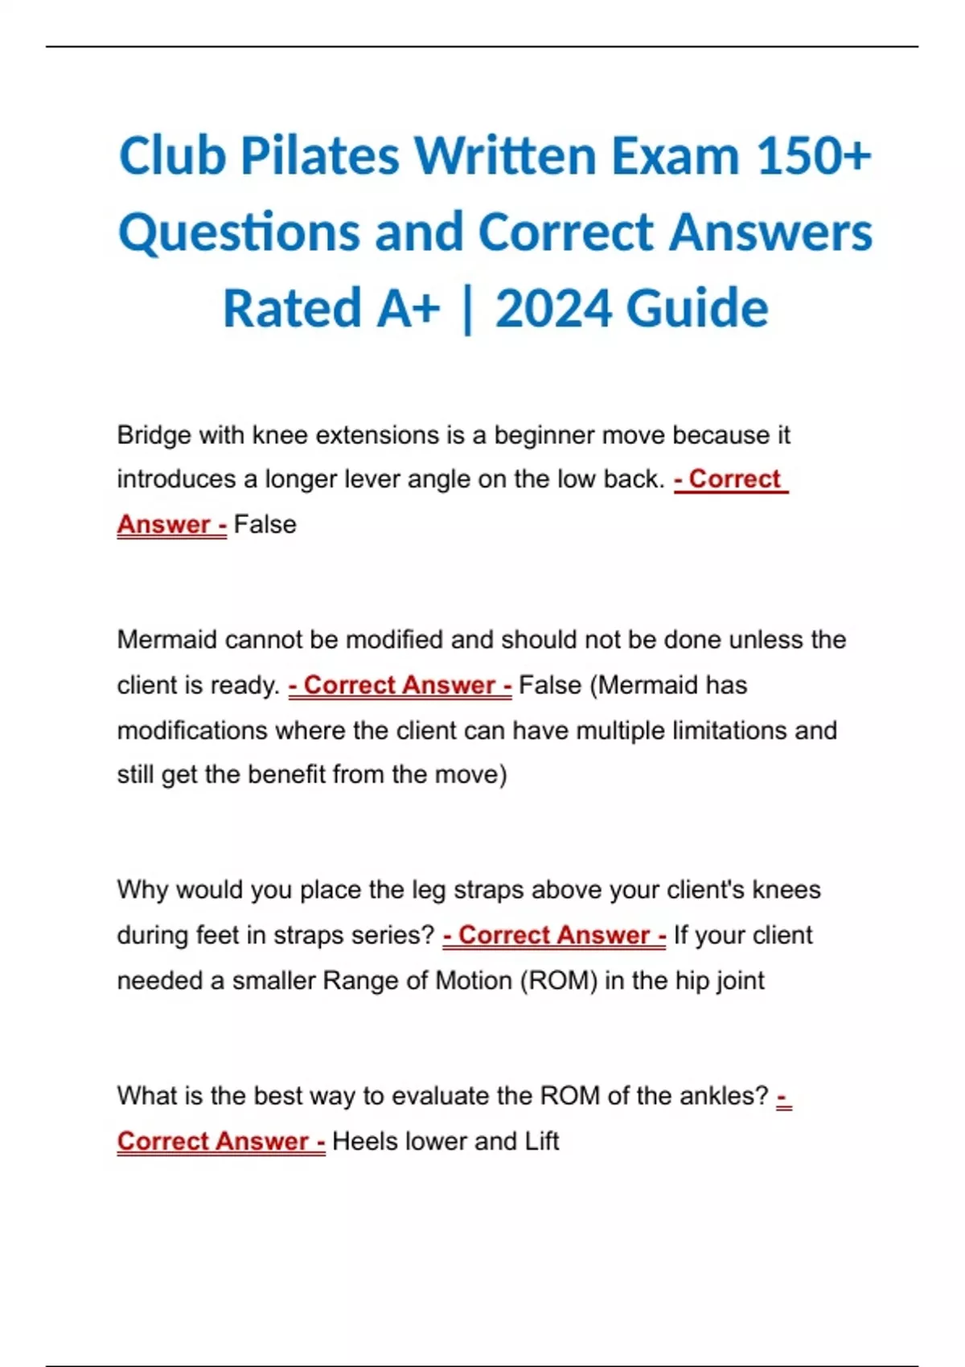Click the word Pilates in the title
(x=318, y=156)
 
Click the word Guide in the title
(x=696, y=309)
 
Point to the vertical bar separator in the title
(x=467, y=310)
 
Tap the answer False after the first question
(x=265, y=524)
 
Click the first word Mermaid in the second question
(x=167, y=640)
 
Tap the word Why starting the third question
(x=143, y=890)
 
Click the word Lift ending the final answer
(x=541, y=1141)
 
